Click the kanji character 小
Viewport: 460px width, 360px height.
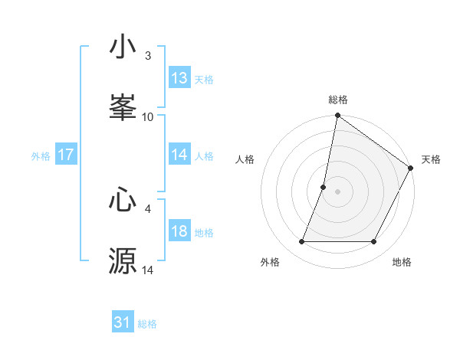pyautogui.click(x=123, y=47)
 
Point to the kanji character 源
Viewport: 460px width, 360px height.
pyautogui.click(x=123, y=260)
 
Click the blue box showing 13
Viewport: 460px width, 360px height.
pyautogui.click(x=179, y=78)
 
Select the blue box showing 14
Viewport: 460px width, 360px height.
pyautogui.click(x=179, y=155)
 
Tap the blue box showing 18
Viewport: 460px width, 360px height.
pyautogui.click(x=179, y=231)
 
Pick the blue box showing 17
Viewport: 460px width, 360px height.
pyautogui.click(x=66, y=155)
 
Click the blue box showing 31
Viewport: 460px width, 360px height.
pyautogui.click(x=123, y=322)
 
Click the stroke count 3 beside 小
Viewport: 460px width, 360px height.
pyautogui.click(x=148, y=55)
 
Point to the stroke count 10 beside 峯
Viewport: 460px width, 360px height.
pyautogui.click(x=148, y=116)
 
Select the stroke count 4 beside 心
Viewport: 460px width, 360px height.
pyautogui.click(x=148, y=208)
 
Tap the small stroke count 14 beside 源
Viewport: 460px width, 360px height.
pyautogui.click(x=148, y=270)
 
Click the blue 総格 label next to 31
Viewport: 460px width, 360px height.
pyautogui.click(x=147, y=324)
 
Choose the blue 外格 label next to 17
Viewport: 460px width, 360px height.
pyautogui.click(x=41, y=155)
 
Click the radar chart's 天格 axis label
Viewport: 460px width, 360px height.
pyautogui.click(x=431, y=159)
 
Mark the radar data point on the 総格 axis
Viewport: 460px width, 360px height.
pyautogui.click(x=337, y=116)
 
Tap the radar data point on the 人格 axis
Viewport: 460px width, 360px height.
pyautogui.click(x=324, y=187)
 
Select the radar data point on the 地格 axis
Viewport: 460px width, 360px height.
pyautogui.click(x=374, y=242)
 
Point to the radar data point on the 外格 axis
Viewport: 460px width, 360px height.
pyautogui.click(x=301, y=242)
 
